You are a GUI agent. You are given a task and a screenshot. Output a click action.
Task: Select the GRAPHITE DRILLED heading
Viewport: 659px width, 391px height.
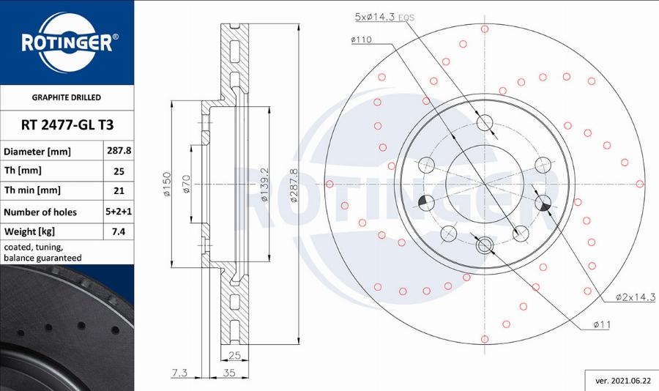pos(67,97)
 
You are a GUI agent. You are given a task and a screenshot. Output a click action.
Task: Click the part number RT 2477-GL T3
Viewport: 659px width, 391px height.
pos(67,125)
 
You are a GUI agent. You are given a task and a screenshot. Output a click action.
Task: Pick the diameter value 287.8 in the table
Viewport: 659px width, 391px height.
pos(118,151)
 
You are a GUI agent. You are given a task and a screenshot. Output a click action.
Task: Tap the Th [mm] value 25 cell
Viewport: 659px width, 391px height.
pos(118,171)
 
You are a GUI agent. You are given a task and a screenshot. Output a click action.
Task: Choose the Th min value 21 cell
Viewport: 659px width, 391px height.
pos(118,190)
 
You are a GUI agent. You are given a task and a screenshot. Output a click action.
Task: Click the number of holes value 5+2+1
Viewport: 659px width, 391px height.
pos(118,212)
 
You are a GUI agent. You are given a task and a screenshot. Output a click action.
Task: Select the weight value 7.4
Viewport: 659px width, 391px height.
pos(118,231)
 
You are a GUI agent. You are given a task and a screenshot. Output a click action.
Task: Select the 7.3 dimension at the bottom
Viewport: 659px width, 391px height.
pos(179,373)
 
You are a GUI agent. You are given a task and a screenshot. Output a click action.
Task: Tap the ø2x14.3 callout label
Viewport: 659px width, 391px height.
pos(634,297)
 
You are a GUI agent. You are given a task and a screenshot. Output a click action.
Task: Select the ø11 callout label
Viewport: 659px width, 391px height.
pos(602,324)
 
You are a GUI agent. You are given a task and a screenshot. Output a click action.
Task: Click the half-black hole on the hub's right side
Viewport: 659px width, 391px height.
pos(543,203)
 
